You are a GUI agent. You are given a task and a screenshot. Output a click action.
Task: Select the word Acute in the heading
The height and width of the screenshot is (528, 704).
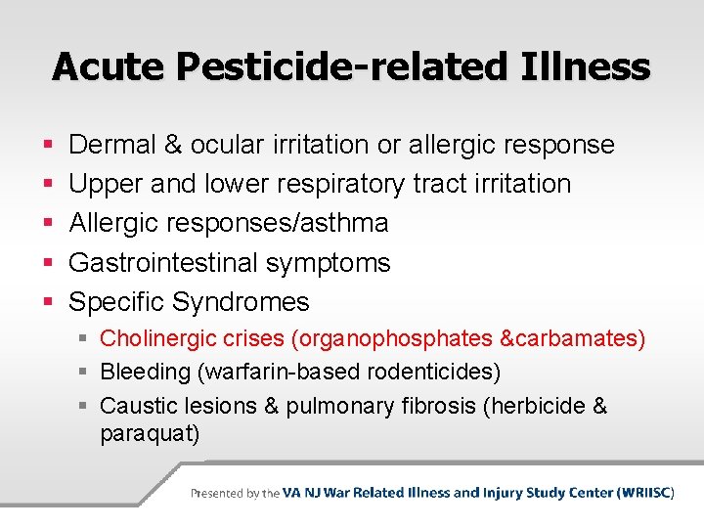click(x=108, y=66)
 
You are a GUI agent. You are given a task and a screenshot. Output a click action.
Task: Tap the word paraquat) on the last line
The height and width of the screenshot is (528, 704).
click(x=150, y=433)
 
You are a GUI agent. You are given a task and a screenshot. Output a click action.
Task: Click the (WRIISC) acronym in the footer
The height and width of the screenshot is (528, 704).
click(x=646, y=493)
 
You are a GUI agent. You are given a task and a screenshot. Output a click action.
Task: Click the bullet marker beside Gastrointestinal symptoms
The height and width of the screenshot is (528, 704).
click(x=49, y=262)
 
